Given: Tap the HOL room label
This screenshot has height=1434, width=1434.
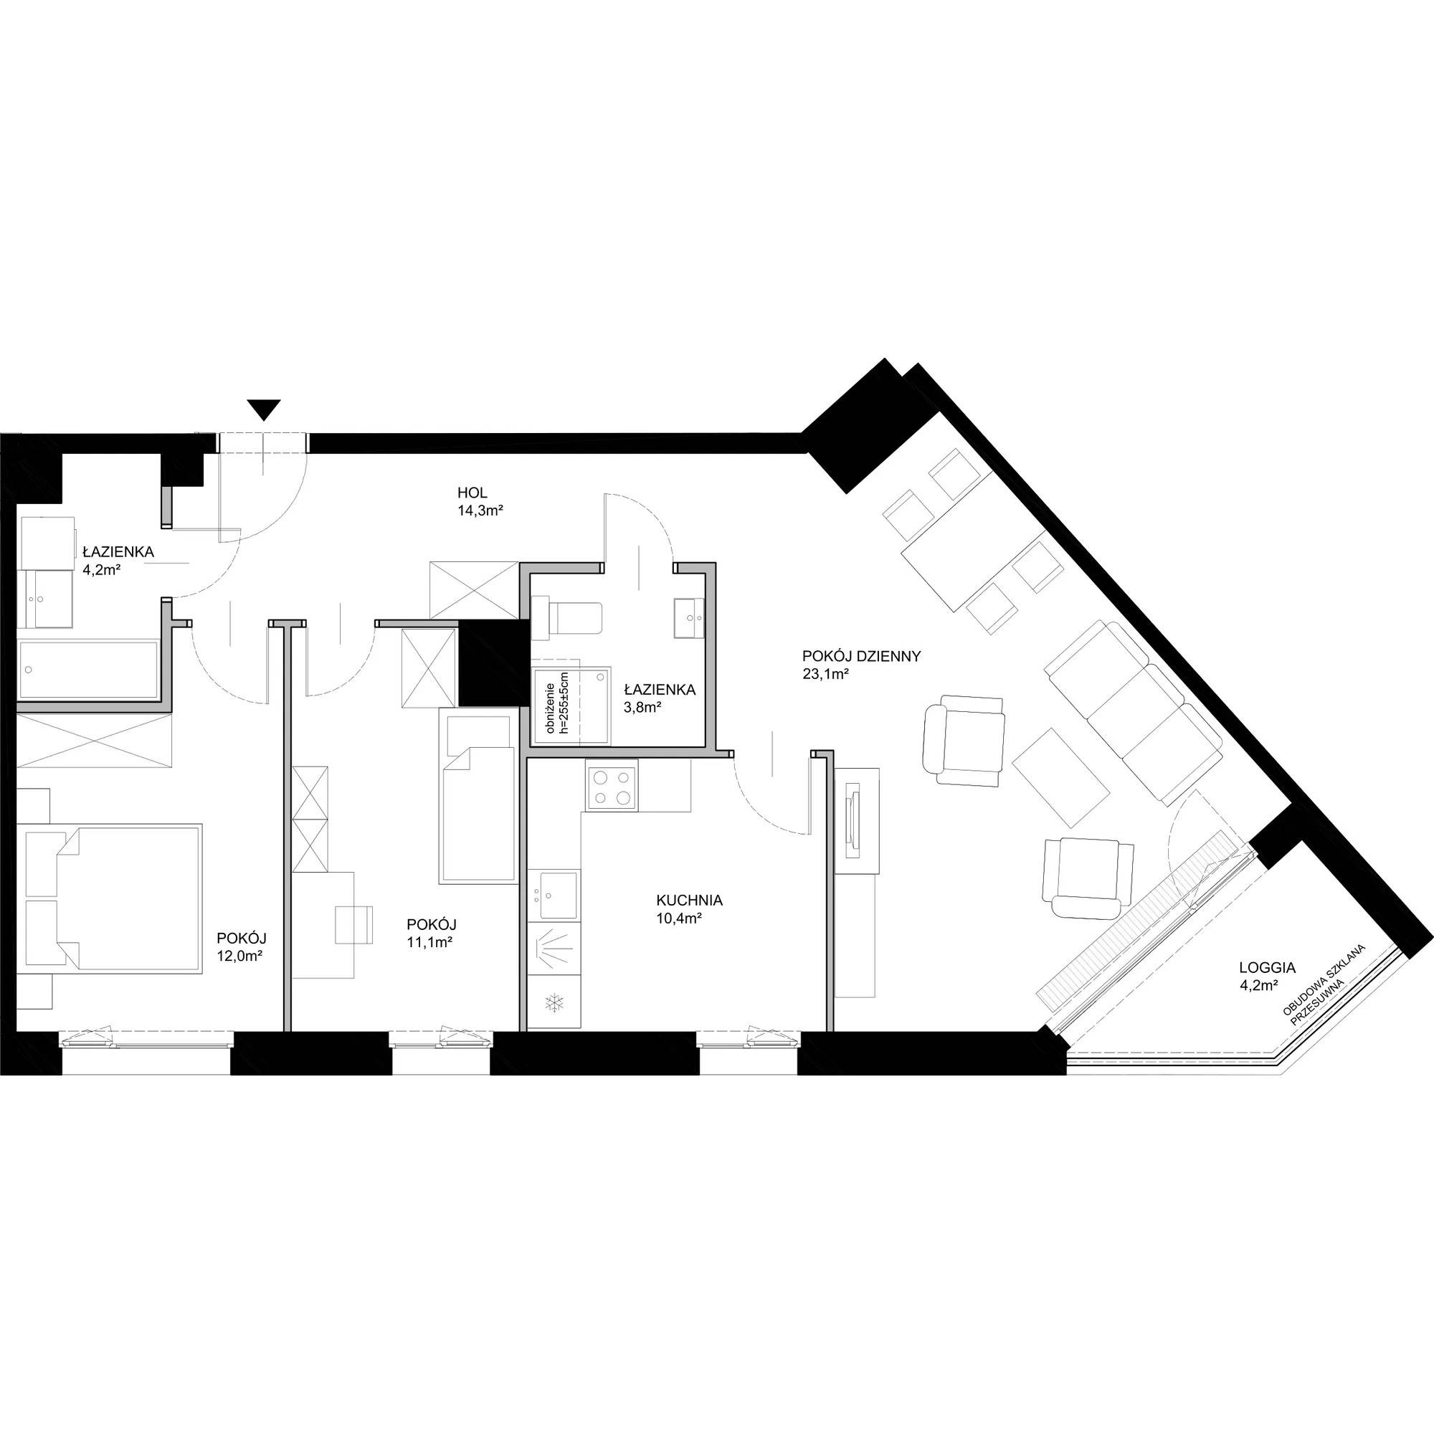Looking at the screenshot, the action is click(472, 493).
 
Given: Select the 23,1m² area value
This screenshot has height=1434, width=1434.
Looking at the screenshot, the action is click(825, 675).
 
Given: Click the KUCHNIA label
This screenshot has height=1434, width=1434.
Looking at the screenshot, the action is click(689, 901).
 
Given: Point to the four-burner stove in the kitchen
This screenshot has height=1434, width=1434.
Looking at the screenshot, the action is click(612, 787).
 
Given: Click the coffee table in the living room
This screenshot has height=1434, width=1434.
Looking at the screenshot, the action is click(1061, 777).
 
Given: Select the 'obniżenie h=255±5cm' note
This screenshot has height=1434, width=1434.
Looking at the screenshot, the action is click(556, 703).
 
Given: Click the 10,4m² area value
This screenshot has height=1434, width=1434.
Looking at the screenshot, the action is click(679, 918).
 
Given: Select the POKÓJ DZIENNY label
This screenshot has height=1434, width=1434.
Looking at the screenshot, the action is click(861, 656).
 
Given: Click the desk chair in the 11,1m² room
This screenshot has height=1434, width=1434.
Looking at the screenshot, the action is click(355, 925).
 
